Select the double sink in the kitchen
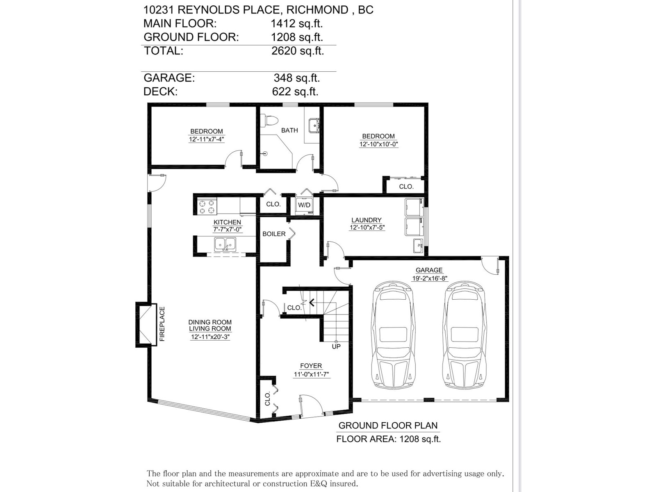pos(225,244)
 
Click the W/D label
pos(304,205)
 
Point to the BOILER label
pos(274,234)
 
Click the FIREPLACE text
pos(162,324)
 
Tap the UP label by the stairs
pos(336,346)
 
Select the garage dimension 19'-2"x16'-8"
pos(430,278)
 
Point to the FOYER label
pos(311,366)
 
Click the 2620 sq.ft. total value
pos(298,51)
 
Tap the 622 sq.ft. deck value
pos(295,91)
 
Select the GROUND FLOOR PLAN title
pos(388,426)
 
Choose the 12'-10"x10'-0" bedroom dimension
pos(379,144)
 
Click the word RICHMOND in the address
pos(317,10)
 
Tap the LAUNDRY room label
pos(367,220)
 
